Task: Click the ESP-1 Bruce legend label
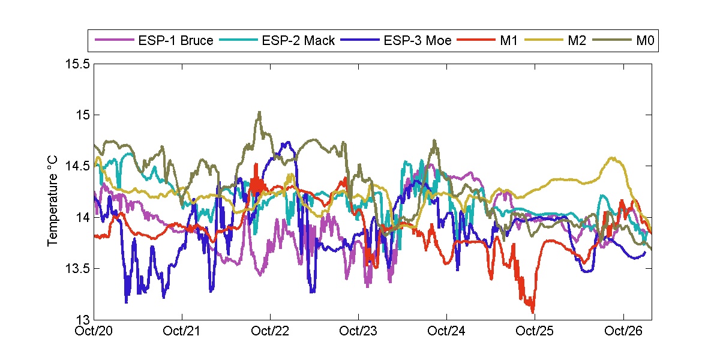[176, 41]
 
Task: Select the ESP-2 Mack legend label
[298, 41]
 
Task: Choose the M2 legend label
[577, 41]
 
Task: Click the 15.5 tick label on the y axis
[77, 64]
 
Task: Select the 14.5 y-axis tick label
[77, 166]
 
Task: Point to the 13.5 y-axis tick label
[77, 268]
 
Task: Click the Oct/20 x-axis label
[95, 331]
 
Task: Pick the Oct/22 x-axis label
[271, 331]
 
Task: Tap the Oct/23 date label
[359, 331]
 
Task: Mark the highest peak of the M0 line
[259, 112]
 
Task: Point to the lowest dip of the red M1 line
[533, 311]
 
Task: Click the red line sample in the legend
[476, 41]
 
